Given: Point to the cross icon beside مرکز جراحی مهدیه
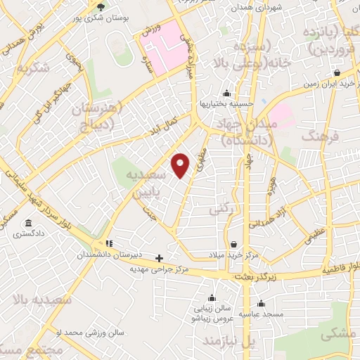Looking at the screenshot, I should coord(160,258).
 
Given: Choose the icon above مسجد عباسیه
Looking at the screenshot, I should coord(261,304).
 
